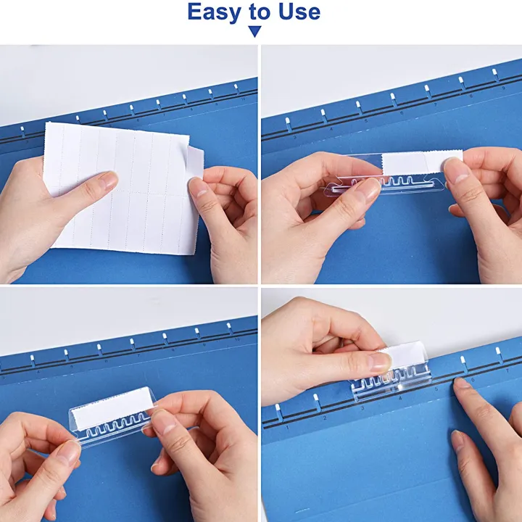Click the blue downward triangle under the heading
254,31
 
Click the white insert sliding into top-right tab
413,163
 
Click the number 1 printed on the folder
288,428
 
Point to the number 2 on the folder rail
324,418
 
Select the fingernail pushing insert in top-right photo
455,170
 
